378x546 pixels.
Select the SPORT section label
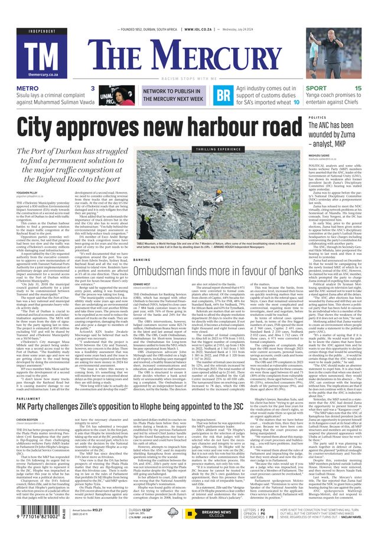coord(316,88)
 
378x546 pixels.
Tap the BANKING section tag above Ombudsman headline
coord(142,260)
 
